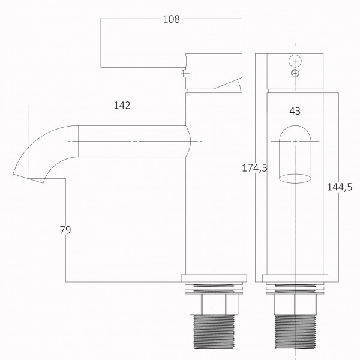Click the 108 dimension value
point(171,19)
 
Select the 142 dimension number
point(122,106)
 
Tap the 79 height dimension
point(65,230)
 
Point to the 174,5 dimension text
point(255,168)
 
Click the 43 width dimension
point(295,111)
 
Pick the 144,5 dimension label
point(340,187)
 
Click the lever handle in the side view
point(143,61)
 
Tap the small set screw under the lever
point(184,73)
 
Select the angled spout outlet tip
point(28,178)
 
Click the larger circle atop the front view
point(295,61)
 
